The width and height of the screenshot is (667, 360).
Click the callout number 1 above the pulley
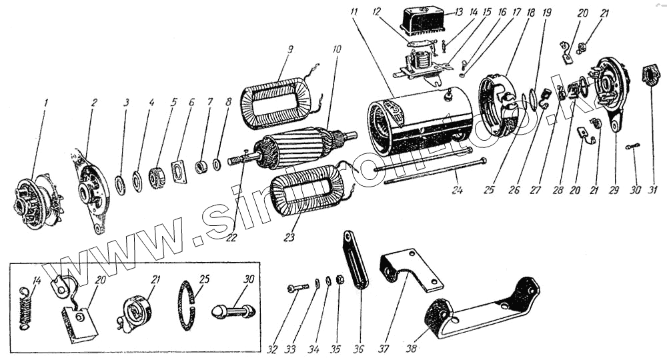click(x=45, y=104)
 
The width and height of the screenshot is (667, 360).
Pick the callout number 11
click(x=354, y=12)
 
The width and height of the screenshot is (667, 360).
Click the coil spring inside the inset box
click(x=25, y=304)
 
